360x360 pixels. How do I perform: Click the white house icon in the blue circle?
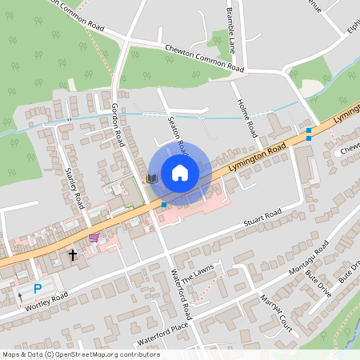(x=179, y=173)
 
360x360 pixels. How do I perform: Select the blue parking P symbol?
(x=38, y=289)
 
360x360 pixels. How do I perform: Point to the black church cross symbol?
(x=73, y=255)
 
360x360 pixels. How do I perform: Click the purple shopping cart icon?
(x=94, y=238)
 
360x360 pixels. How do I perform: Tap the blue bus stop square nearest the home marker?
(x=164, y=206)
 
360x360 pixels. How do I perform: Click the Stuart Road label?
(x=263, y=217)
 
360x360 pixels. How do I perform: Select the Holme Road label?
(x=248, y=117)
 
